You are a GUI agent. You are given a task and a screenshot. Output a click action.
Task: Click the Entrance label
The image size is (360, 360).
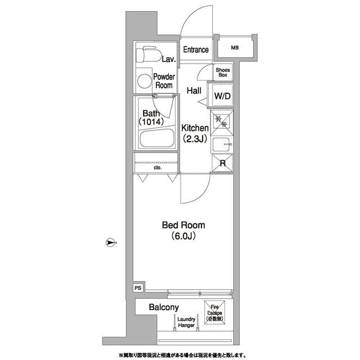196,49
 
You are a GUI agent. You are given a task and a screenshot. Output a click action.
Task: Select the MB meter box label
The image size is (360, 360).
235,48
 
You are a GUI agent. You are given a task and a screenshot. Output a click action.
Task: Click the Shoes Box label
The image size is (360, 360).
223,73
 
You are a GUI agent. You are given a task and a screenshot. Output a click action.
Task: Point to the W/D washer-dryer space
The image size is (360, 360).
222,96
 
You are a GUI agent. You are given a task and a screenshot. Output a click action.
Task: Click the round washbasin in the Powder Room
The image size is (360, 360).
145,81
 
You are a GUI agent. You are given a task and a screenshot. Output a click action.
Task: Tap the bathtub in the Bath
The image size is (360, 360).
157,138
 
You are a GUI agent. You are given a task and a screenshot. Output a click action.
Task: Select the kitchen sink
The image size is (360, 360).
222,145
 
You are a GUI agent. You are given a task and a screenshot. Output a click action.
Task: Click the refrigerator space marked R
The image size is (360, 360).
222,163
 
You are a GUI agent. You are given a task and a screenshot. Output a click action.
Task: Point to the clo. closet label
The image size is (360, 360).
157,168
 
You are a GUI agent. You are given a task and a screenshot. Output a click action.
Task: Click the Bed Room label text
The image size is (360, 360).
183,225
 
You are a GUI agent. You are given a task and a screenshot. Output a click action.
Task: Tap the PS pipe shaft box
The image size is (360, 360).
138,287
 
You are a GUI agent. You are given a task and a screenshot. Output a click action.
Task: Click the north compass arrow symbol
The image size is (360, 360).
110,242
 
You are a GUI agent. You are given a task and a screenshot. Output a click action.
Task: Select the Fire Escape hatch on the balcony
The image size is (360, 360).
214,313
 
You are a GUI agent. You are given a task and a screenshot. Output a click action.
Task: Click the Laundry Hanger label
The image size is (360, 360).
186,322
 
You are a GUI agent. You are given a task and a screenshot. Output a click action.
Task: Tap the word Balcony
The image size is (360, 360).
164,307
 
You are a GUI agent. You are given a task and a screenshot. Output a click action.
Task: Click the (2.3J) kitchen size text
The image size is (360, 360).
195,138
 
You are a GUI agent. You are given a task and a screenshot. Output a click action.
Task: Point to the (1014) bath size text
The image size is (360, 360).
151,121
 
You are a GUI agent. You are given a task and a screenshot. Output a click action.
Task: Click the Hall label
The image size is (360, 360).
194,91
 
